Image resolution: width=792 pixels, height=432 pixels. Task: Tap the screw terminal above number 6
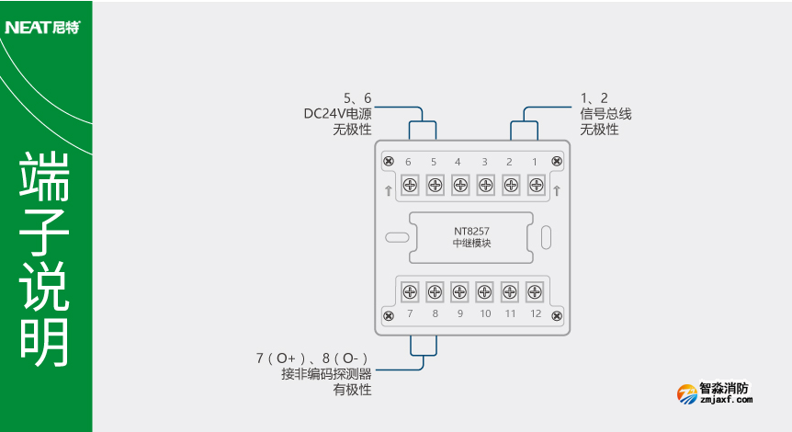[410, 186]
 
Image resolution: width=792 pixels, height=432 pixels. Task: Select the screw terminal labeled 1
[536, 186]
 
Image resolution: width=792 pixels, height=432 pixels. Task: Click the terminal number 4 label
[458, 163]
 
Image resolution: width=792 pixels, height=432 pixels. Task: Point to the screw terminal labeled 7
[410, 291]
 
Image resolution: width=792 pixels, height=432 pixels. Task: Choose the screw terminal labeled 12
[536, 291]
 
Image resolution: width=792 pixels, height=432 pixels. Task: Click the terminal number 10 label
[485, 314]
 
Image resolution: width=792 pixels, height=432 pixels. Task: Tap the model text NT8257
[472, 231]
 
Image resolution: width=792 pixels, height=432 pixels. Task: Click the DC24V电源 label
[337, 114]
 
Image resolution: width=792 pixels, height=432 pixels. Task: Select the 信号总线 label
[605, 114]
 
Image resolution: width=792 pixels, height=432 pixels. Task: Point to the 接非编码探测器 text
[326, 374]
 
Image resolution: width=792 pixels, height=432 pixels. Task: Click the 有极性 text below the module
[352, 390]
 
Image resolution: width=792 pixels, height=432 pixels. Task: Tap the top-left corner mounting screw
[389, 162]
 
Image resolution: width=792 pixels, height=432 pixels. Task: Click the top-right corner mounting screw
[556, 162]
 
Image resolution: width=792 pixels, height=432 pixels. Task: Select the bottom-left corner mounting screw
[389, 314]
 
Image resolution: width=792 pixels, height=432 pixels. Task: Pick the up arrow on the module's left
[389, 190]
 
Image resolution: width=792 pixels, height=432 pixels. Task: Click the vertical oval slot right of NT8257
[546, 237]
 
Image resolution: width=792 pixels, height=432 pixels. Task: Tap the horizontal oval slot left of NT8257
[397, 237]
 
